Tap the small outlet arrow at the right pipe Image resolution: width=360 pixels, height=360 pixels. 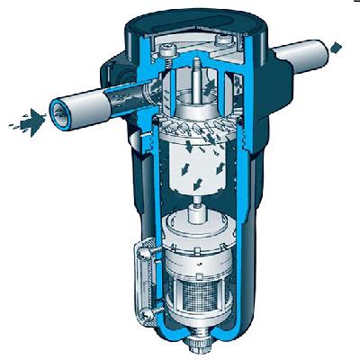coord(337,45)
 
